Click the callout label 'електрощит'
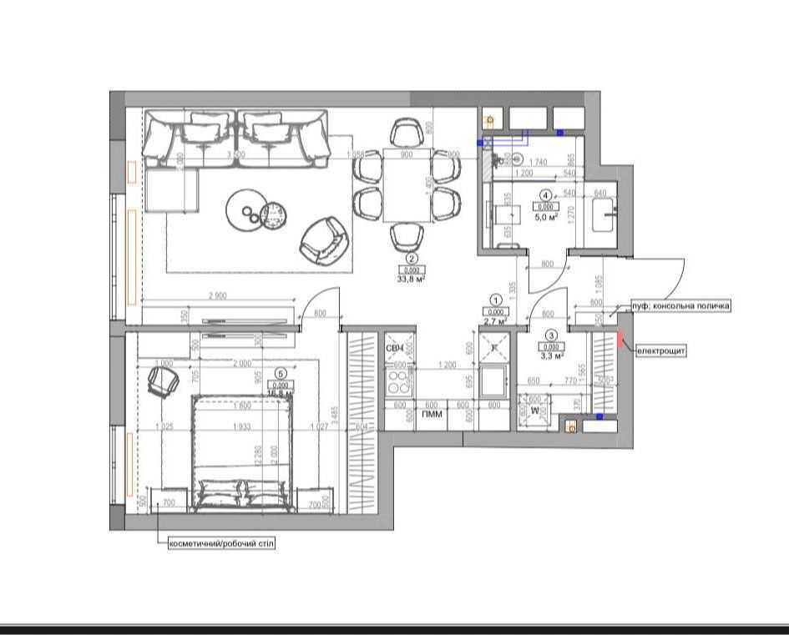click(661, 351)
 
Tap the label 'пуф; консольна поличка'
click(681, 306)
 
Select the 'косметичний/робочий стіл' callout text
click(221, 543)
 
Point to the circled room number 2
click(412, 260)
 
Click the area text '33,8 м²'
click(412, 280)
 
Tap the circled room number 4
click(545, 196)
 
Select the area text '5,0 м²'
click(545, 217)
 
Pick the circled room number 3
click(550, 335)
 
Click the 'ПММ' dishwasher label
click(432, 414)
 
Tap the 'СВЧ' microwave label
click(395, 348)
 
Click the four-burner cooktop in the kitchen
click(400, 381)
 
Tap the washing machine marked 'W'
click(534, 411)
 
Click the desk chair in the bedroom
click(163, 381)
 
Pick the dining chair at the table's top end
click(407, 132)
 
